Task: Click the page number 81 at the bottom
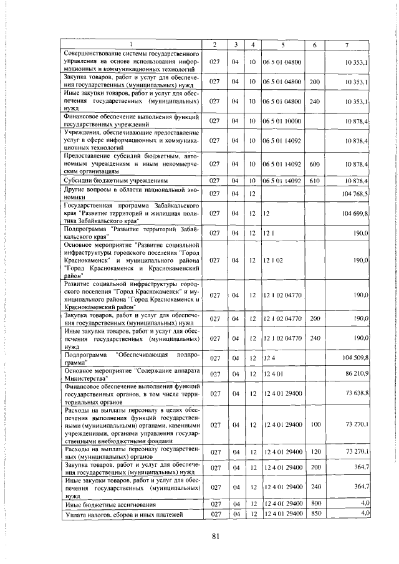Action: (x=216, y=537)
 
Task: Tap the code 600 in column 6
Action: (x=314, y=164)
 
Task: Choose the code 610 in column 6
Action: (x=314, y=181)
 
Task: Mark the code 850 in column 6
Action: (x=314, y=513)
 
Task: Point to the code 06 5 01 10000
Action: (x=282, y=120)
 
